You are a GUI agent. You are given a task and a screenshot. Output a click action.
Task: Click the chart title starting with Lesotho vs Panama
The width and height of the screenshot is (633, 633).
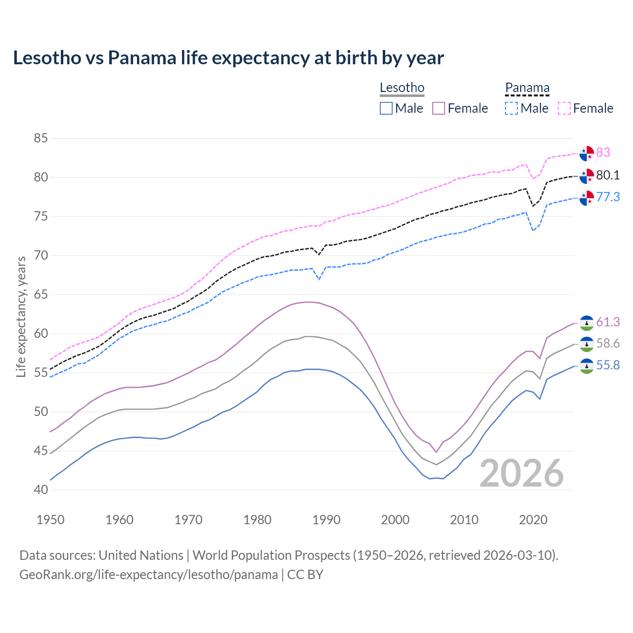[228, 58]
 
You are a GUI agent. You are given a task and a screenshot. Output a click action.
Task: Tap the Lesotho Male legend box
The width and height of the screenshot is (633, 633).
[386, 108]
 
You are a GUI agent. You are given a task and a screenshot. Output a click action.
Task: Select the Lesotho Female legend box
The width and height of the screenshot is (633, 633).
[439, 108]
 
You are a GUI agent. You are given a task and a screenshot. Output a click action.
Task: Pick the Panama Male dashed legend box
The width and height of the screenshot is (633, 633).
[511, 108]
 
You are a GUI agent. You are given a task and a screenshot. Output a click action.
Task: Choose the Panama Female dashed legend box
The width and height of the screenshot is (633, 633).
[564, 108]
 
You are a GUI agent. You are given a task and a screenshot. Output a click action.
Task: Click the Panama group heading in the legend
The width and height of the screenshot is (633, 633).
[527, 88]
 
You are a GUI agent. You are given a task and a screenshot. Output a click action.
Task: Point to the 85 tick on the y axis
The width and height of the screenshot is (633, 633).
[41, 138]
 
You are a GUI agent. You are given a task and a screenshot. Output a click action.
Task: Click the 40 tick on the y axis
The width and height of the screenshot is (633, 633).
[41, 490]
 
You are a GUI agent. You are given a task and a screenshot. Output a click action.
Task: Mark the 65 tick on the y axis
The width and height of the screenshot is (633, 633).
[41, 295]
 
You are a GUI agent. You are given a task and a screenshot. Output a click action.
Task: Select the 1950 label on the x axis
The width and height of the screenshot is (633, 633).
[50, 520]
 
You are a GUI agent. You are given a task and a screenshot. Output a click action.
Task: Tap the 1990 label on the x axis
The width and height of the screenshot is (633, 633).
[326, 520]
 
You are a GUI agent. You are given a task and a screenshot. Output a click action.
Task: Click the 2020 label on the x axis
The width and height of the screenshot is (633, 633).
[533, 520]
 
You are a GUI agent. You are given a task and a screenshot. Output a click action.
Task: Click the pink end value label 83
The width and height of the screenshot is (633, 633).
[603, 152]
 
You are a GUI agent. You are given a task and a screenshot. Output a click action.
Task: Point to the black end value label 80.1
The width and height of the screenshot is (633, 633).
[608, 176]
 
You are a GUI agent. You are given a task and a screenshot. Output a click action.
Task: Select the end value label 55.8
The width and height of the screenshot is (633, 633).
[608, 365]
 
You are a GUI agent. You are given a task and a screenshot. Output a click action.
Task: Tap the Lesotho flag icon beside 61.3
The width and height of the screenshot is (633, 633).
[587, 323]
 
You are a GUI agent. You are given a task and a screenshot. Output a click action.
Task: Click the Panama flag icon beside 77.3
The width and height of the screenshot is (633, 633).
[587, 198]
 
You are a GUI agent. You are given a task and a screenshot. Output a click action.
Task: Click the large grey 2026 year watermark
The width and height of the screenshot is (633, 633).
[522, 473]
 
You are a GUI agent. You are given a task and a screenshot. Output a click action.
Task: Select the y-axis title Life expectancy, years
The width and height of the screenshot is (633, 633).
[21, 316]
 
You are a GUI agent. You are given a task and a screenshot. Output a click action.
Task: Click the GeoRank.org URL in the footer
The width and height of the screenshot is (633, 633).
[148, 575]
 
